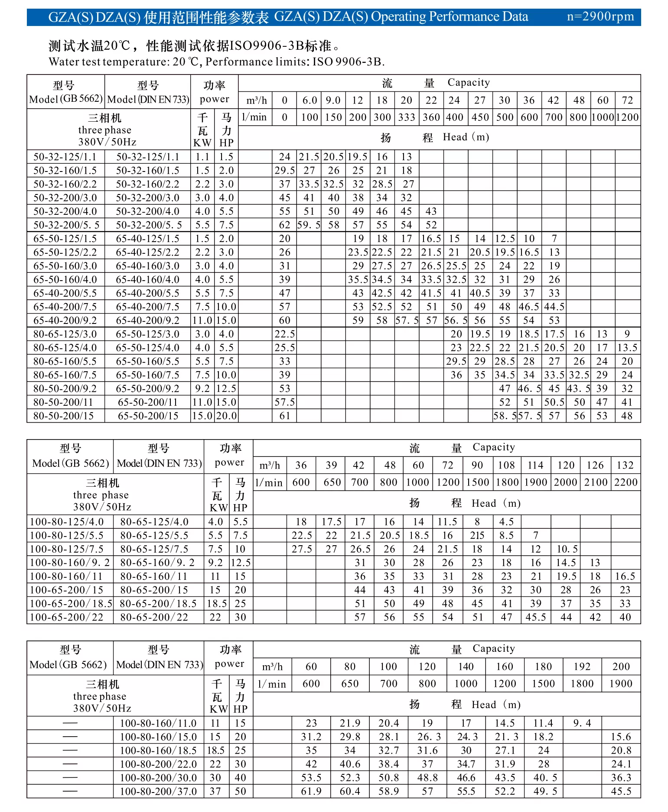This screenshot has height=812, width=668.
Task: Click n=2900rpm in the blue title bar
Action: tap(600, 17)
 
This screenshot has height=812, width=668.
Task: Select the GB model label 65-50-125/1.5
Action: tap(65, 239)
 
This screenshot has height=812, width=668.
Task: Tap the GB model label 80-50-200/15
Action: tap(63, 416)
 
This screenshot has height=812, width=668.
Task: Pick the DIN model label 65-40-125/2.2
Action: tap(147, 252)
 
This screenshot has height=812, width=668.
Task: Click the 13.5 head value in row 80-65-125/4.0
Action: tap(627, 348)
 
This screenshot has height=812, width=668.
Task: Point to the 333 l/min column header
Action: tap(407, 117)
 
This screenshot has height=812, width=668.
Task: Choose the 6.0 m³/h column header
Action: tap(310, 100)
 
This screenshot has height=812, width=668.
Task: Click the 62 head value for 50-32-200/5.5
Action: tap(284, 225)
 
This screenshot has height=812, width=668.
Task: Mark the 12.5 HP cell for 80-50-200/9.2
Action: tap(226, 388)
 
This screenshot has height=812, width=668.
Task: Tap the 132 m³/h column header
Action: tap(625, 465)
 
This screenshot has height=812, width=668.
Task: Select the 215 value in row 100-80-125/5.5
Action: tap(477, 535)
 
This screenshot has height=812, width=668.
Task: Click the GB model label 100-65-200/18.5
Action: tap(71, 604)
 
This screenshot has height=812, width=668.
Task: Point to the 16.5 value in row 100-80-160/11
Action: tap(625, 576)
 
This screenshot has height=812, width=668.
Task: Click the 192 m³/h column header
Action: tap(582, 666)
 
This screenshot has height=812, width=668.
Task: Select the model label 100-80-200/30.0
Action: tap(158, 778)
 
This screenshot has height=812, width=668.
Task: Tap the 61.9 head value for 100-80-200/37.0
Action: tap(311, 792)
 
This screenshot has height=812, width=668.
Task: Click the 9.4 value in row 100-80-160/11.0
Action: tap(582, 723)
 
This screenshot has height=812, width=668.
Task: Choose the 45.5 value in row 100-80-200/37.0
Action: tap(621, 792)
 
